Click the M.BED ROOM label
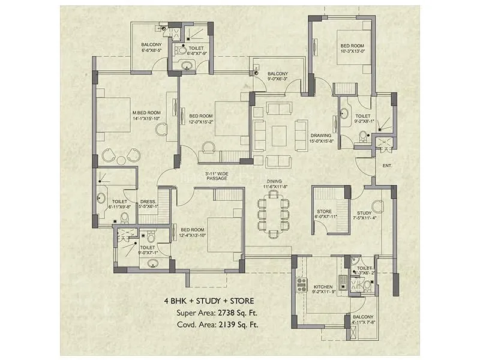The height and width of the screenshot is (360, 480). [146, 113]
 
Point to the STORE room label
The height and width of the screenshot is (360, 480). [324, 212]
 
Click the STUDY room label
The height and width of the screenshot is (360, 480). [364, 212]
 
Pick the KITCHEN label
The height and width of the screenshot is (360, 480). [323, 288]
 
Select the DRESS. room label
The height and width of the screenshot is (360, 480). [148, 202]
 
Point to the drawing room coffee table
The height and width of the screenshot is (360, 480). [279, 135]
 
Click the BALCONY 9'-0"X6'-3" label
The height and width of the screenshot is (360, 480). [278, 74]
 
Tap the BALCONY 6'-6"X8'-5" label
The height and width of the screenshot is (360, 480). [152, 45]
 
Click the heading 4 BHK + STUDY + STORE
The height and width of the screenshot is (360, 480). [209, 301]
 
